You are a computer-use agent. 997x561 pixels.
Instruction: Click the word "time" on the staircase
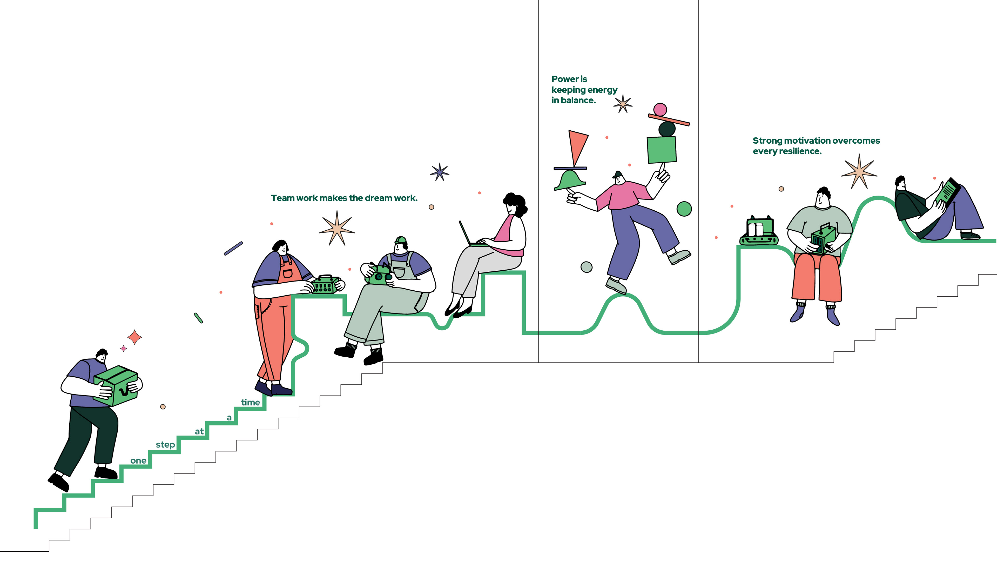tap(250, 403)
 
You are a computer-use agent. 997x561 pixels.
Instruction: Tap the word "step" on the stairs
tap(165, 445)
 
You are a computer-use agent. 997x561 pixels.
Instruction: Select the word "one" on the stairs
tap(138, 461)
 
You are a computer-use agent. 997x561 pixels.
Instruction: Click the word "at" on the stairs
tap(199, 431)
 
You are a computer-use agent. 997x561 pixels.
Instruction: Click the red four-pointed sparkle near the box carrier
tap(135, 337)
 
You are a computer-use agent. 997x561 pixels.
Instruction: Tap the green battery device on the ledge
tap(759, 231)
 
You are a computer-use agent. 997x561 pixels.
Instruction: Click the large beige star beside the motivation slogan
tap(859, 171)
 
